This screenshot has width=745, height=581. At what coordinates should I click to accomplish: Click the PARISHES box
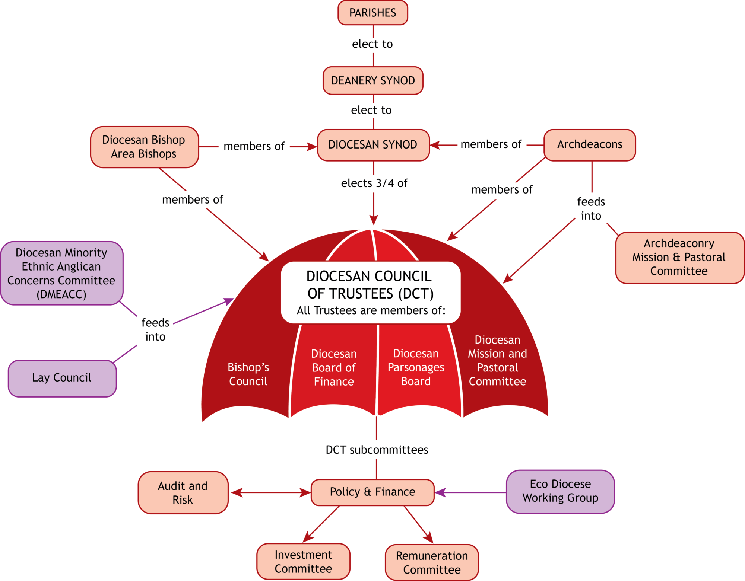tap(372, 13)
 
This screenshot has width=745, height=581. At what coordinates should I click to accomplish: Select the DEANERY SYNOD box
tap(372, 81)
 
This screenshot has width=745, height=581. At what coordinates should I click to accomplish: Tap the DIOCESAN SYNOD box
tap(373, 145)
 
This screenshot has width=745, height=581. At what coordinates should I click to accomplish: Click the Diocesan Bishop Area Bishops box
tap(144, 147)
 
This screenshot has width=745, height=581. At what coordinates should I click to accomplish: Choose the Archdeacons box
tap(590, 145)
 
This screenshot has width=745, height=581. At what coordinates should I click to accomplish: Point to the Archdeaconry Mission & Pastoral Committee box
tap(679, 258)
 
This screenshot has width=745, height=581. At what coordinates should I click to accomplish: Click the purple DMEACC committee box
tap(61, 274)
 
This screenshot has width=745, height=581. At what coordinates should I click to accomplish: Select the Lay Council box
tap(62, 378)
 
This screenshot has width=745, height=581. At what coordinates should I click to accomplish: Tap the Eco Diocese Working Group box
tap(560, 491)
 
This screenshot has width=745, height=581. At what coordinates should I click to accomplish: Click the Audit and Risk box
tap(183, 493)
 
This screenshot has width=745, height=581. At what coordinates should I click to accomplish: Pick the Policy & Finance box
tap(372, 492)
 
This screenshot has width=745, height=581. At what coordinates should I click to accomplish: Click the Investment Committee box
tap(303, 562)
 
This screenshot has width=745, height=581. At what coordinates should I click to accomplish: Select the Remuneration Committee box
tap(432, 562)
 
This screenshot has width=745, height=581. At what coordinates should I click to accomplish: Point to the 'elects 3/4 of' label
tap(374, 183)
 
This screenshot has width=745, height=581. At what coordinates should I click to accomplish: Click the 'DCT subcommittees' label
tap(377, 450)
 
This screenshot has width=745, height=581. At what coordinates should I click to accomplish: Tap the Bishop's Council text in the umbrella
tap(248, 374)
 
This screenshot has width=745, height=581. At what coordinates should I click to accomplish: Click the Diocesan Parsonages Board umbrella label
tap(416, 367)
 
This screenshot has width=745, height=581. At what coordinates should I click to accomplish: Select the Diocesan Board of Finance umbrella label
tap(334, 368)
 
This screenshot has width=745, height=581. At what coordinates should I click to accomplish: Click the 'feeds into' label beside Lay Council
tap(155, 330)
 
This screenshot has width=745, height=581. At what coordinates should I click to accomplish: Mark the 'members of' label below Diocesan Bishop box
tap(193, 200)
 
